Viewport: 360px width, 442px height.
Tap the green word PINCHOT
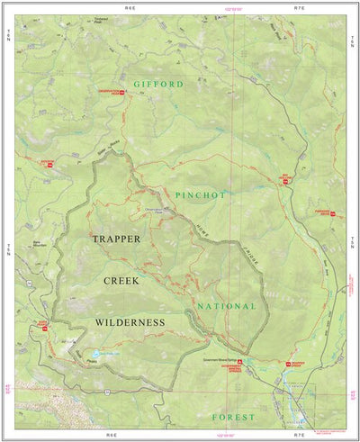(200, 194)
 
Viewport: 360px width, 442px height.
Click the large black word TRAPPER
(122, 239)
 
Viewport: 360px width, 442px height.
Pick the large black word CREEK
(120, 281)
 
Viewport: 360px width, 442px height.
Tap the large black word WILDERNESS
(130, 321)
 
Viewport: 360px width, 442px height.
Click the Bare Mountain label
(39, 242)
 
